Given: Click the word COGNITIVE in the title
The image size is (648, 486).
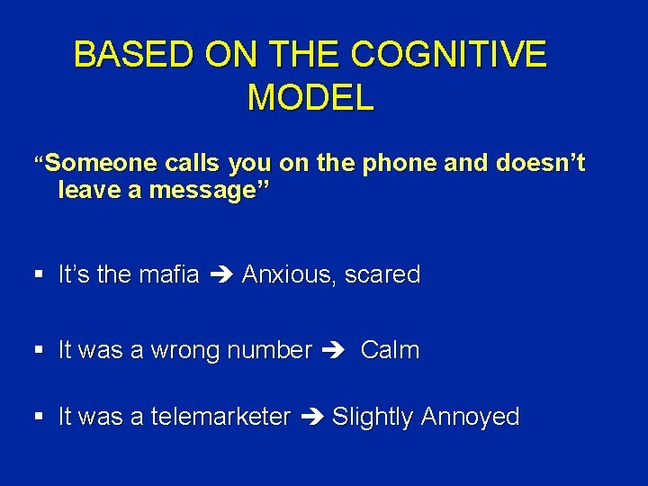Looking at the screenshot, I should pyautogui.click(x=447, y=55).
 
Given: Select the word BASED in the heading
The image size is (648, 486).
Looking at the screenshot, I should pyautogui.click(x=133, y=55).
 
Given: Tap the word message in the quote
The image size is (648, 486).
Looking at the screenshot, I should pyautogui.click(x=193, y=191).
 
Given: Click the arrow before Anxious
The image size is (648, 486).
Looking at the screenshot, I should pyautogui.click(x=220, y=275).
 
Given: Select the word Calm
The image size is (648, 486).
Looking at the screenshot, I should pyautogui.click(x=390, y=350).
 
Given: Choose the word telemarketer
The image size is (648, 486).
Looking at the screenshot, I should pyautogui.click(x=220, y=417).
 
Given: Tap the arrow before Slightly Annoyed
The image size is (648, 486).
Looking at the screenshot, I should pyautogui.click(x=310, y=418).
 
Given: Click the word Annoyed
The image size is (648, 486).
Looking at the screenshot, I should pyautogui.click(x=470, y=418).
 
